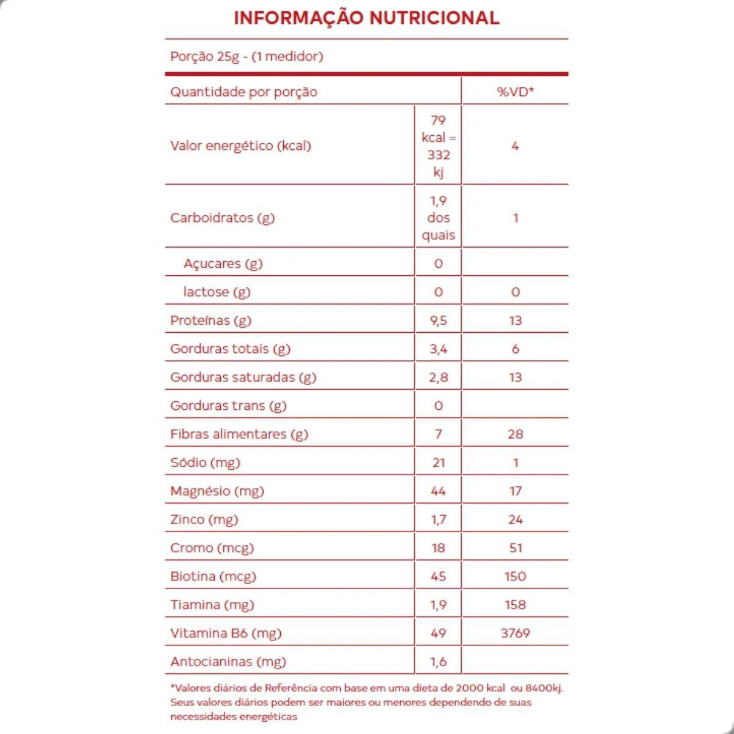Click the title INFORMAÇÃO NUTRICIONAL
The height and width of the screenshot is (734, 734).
coord(366,18)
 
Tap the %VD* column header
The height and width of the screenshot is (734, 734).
coord(515,92)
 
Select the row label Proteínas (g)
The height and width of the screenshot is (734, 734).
coord(210,321)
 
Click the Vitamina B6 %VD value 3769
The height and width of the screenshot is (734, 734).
coord(515,633)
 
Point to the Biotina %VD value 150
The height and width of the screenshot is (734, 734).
coord(515,576)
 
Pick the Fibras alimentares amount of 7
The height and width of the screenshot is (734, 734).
coord(438,434)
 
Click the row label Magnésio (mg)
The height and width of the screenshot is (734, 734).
coord(217,491)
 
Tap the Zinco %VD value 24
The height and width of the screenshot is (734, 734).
coord(515,519)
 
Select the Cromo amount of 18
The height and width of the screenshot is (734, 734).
coord(438,548)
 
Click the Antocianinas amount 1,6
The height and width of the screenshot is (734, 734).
coord(438,662)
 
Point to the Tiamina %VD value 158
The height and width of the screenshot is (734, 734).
coord(515,605)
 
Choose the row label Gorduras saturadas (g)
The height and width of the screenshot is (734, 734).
coord(243,377)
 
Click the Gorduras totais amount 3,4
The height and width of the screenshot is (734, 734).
coord(438,349)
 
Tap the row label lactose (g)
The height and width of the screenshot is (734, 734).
coord(217,292)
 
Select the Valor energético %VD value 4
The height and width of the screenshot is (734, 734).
coord(515,146)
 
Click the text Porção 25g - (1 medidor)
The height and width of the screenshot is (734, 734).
coord(247,56)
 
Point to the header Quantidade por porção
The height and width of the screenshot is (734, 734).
coord(243,92)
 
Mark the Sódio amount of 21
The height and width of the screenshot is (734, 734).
coord(438,462)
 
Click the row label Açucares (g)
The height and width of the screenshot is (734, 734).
coord(223,264)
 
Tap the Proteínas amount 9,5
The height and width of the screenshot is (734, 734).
coord(438,321)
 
